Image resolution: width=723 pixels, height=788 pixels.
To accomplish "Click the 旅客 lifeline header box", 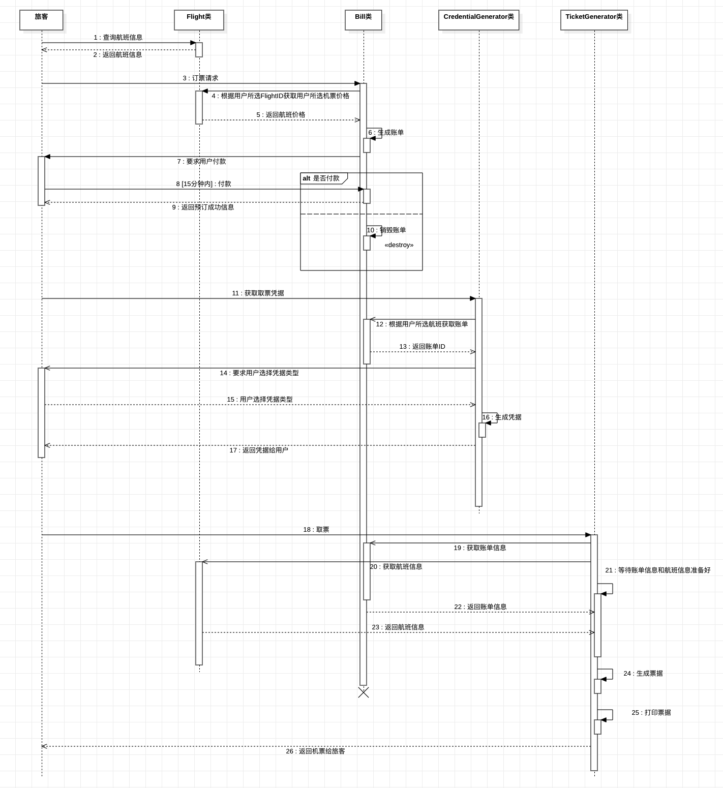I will point(41,20).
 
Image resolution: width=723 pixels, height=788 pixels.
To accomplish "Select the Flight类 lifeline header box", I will point(199,20).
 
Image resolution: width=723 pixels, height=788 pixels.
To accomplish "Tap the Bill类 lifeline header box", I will point(363,20).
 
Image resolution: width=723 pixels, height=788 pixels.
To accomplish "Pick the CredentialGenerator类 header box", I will point(478,20).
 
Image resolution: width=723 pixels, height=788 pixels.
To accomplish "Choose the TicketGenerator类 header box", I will point(594,20).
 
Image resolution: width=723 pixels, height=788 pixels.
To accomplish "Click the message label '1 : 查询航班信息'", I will point(118,38).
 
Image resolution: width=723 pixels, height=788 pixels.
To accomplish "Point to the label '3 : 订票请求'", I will point(200,78).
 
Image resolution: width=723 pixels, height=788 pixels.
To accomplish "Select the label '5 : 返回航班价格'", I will point(281,115).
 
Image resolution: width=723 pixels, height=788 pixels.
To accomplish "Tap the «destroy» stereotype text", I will point(399,245).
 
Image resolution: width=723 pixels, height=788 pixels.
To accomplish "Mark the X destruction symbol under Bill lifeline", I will point(364,692).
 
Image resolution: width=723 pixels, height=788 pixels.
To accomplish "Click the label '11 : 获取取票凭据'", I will point(258,293).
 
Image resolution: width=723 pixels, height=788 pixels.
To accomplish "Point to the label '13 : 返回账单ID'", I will point(422,347).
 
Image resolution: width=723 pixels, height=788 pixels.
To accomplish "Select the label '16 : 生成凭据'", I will point(502,417).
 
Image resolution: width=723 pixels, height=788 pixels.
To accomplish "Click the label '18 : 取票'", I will point(316,530).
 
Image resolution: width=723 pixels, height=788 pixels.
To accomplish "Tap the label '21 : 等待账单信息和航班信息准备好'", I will point(657,570).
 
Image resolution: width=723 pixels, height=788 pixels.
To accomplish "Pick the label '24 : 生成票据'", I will point(643,674).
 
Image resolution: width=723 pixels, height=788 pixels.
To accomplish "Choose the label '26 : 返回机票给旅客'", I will point(315,751).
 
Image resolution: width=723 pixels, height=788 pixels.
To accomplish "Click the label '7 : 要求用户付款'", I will point(201,162).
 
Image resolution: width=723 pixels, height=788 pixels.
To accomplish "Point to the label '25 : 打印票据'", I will point(651,713).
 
